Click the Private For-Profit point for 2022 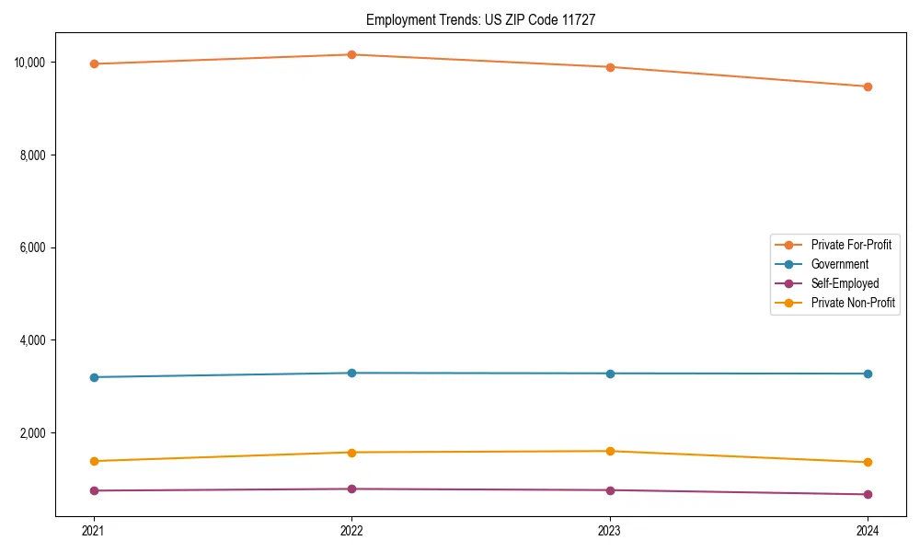(x=351, y=54)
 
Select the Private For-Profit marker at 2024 (x=868, y=86)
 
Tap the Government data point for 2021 (x=94, y=377)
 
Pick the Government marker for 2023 (x=610, y=374)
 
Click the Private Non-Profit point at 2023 (x=610, y=451)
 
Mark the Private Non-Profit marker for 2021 (x=94, y=461)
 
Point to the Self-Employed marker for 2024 (x=868, y=494)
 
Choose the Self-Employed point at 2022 (x=351, y=489)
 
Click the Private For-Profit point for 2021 (x=94, y=63)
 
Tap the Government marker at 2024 (x=868, y=374)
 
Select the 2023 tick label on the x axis (x=610, y=530)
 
